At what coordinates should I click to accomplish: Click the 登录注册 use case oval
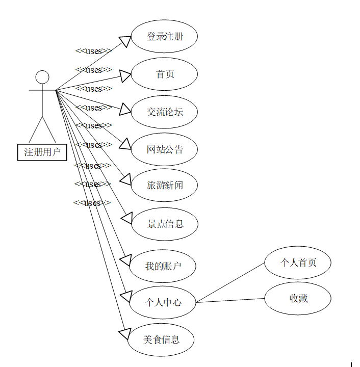[164, 37]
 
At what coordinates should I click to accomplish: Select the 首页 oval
[164, 74]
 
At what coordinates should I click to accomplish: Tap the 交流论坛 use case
[164, 112]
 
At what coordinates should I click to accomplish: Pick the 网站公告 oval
[164, 150]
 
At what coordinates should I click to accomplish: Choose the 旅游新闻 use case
[164, 185]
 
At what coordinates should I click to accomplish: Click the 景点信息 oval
[165, 223]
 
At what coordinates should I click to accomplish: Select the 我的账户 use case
[163, 266]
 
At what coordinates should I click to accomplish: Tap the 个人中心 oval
[163, 302]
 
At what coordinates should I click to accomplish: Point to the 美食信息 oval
[161, 339]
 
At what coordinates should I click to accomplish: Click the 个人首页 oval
[298, 263]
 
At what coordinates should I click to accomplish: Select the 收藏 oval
[298, 298]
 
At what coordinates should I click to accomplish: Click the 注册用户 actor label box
[42, 152]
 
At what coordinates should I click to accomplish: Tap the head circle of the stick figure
[42, 77]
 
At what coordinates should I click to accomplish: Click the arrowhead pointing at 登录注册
[125, 41]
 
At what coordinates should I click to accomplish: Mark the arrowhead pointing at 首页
[125, 76]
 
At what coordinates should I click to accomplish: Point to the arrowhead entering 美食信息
[124, 334]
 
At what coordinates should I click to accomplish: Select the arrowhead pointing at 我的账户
[125, 260]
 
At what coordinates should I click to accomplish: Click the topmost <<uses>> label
[93, 51]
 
